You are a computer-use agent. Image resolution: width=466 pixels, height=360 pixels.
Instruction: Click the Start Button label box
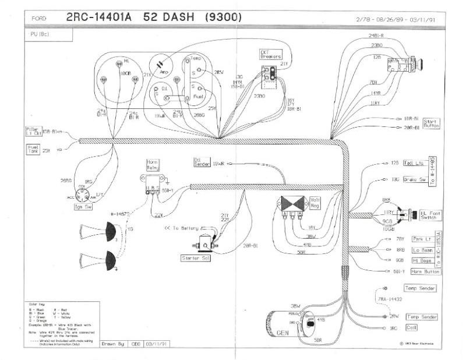pyautogui.click(x=431, y=123)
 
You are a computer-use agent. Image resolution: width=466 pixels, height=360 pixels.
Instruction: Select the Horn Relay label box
pyautogui.click(x=153, y=164)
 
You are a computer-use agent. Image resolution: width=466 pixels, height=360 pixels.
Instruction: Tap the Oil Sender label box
pyautogui.click(x=201, y=161)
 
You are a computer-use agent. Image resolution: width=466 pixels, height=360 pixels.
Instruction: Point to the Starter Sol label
pyautogui.click(x=196, y=257)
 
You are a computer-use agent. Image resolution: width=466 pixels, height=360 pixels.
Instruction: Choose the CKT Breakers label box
pyautogui.click(x=270, y=54)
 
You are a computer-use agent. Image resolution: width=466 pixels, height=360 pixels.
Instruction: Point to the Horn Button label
pyautogui.click(x=425, y=271)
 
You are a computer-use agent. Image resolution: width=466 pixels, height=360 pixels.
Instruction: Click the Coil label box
pyautogui.click(x=411, y=328)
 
